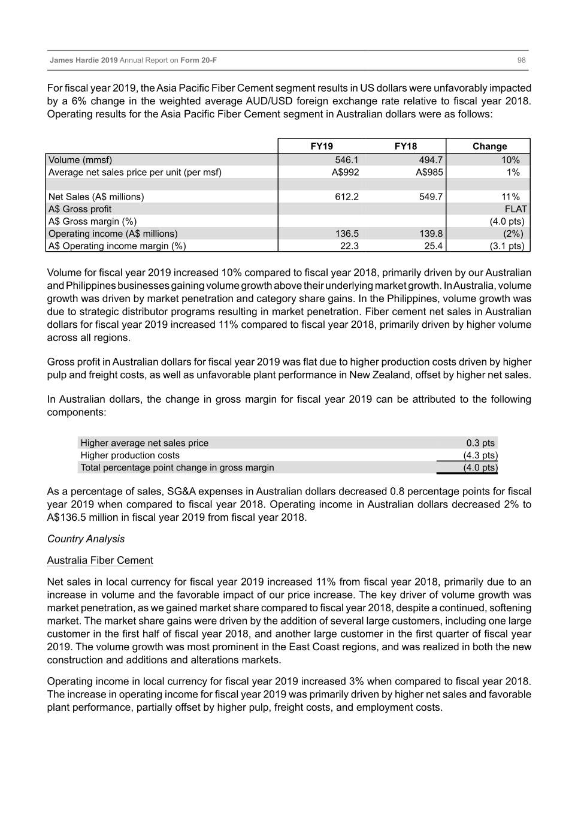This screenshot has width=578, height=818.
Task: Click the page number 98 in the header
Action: (x=521, y=61)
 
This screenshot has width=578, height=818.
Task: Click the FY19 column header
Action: (x=322, y=146)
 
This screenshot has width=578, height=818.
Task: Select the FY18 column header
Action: (x=405, y=146)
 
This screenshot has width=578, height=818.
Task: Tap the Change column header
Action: (x=489, y=146)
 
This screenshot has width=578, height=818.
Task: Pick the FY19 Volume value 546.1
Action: (x=347, y=160)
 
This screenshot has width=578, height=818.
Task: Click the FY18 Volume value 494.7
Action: (x=431, y=160)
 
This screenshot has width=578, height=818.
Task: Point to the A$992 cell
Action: (x=345, y=173)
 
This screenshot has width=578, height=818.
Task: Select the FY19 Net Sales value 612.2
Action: (x=347, y=197)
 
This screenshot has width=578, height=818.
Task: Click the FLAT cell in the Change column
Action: (x=516, y=209)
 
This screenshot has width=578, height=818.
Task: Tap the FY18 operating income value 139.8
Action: (x=431, y=234)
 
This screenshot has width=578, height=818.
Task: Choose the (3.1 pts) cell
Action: (x=507, y=246)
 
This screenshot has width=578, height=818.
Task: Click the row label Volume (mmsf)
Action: (x=80, y=160)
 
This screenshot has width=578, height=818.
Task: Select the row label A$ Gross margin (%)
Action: (x=93, y=222)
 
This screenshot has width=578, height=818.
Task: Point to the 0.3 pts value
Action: (x=480, y=443)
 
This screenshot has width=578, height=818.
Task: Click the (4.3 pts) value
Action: (x=480, y=455)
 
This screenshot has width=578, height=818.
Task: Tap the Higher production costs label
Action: (x=130, y=455)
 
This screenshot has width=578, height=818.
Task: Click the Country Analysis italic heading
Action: (x=86, y=539)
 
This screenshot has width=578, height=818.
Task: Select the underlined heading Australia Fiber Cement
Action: (x=100, y=560)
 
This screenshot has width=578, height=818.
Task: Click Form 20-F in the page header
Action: (x=199, y=61)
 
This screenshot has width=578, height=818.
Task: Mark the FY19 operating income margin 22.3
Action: (x=349, y=246)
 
